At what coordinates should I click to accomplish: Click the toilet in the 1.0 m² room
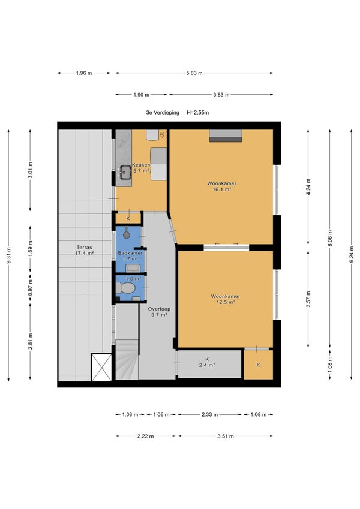click(125, 288)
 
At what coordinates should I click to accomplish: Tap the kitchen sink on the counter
click(125, 172)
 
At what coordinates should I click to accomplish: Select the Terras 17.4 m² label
click(85, 250)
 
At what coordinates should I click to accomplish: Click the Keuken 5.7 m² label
click(141, 168)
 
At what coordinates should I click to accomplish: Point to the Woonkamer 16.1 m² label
click(221, 186)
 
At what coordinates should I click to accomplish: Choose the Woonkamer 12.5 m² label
click(226, 299)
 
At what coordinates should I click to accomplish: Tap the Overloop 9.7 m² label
click(159, 312)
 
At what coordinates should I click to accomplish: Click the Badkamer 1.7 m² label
click(130, 256)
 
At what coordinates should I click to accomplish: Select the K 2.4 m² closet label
click(207, 362)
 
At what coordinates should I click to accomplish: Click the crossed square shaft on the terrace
click(101, 367)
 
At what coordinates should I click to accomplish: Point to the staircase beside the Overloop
click(127, 359)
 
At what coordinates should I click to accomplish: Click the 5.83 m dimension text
click(194, 73)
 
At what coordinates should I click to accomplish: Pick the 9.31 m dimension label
click(9, 255)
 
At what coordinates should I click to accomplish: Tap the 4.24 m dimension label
click(308, 186)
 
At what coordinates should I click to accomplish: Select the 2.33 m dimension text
click(209, 414)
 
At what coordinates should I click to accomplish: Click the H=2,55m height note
click(198, 113)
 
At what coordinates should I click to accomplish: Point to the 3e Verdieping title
click(163, 113)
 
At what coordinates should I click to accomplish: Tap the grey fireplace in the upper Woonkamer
click(226, 135)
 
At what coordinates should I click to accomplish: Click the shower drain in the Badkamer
click(126, 234)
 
